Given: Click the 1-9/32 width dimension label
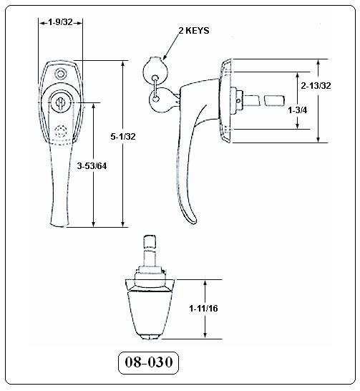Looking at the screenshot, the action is (60, 22).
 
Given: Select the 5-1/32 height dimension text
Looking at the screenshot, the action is (123, 136).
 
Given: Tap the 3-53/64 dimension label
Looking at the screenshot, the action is (92, 166).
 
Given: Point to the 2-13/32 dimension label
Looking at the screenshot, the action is (316, 86).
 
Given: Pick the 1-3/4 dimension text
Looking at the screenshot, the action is (298, 110).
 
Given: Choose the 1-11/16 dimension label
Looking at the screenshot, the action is (203, 309).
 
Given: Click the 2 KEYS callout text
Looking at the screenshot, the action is (194, 30).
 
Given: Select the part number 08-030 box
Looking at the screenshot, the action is (148, 363).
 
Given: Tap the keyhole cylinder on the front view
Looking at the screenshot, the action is (61, 102).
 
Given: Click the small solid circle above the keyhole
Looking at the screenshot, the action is (61, 74).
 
